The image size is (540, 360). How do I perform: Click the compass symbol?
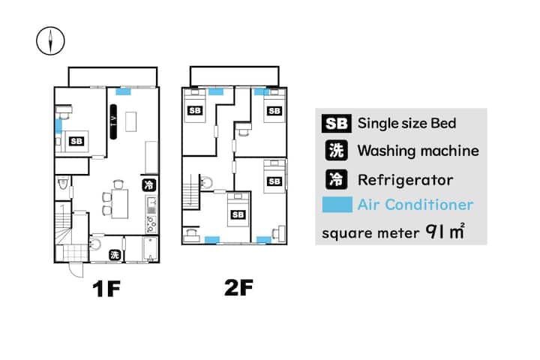coord(50,41)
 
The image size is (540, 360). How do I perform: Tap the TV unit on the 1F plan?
coord(113,122)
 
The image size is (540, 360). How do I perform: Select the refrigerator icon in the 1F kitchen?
coord(148,185)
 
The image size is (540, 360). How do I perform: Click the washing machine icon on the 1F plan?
coord(115,255)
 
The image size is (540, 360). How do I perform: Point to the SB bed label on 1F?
coord(76,141)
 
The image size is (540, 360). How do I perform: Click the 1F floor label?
coord(106,289)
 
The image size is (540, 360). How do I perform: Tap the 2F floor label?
coord(238,288)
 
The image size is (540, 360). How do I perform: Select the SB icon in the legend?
coord(337,124)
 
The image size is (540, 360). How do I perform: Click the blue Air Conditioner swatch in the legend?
coord(337,205)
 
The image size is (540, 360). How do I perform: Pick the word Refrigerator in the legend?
coord(405,180)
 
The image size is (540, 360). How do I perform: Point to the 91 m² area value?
coord(445,232)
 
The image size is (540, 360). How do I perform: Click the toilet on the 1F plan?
coord(63,182)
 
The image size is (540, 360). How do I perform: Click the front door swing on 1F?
coord(76,270)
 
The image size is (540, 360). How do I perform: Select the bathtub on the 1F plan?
coord(150,248)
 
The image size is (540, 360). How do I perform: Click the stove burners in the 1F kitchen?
coord(151,224)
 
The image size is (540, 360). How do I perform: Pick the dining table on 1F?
coord(119,203)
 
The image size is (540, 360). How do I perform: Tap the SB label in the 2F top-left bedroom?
coord(195,110)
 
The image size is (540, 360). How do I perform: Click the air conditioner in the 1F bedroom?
coord(58,126)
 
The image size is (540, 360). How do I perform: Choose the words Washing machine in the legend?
coord(418,151)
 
